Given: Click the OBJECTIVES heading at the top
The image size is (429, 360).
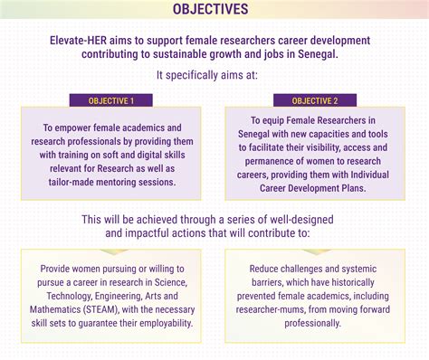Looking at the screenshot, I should pyautogui.click(x=214, y=10).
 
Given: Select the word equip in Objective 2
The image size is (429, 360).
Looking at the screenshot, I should pyautogui.click(x=275, y=120).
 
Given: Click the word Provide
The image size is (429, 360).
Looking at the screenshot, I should pyautogui.click(x=60, y=269).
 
